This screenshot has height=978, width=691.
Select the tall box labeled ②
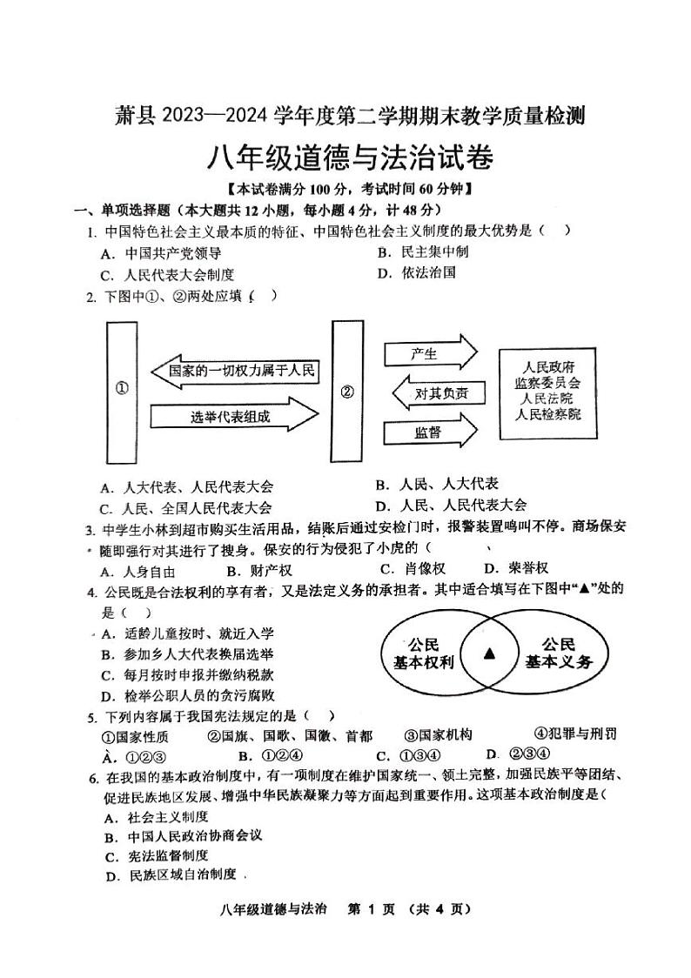point(347,392)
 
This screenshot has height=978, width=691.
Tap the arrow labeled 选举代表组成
point(233,417)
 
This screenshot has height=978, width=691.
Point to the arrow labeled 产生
point(430,353)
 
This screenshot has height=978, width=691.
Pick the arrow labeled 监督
point(430,432)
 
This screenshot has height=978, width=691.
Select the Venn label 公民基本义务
point(558,653)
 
